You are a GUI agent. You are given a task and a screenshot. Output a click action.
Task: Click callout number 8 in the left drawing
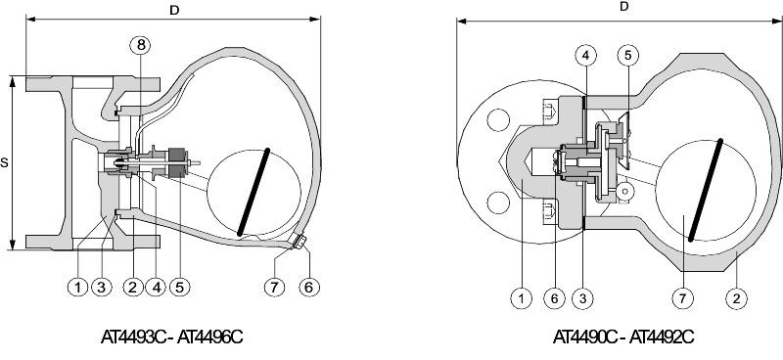click(x=141, y=45)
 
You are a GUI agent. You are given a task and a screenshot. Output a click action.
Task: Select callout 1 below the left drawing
click(x=78, y=287)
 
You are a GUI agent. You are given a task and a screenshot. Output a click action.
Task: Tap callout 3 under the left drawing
click(x=102, y=287)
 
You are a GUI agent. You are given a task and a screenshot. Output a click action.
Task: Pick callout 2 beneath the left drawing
click(x=132, y=287)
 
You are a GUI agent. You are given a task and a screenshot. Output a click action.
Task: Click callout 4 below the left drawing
click(x=156, y=287)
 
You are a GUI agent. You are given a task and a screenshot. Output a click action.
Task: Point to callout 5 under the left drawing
click(x=180, y=287)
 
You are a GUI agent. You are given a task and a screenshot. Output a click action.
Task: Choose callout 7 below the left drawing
click(x=274, y=287)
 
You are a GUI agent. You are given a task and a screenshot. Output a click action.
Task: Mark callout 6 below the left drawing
click(x=309, y=287)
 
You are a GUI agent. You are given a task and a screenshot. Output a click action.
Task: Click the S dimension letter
click(x=5, y=162)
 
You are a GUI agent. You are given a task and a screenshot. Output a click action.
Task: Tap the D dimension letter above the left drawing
click(x=174, y=11)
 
